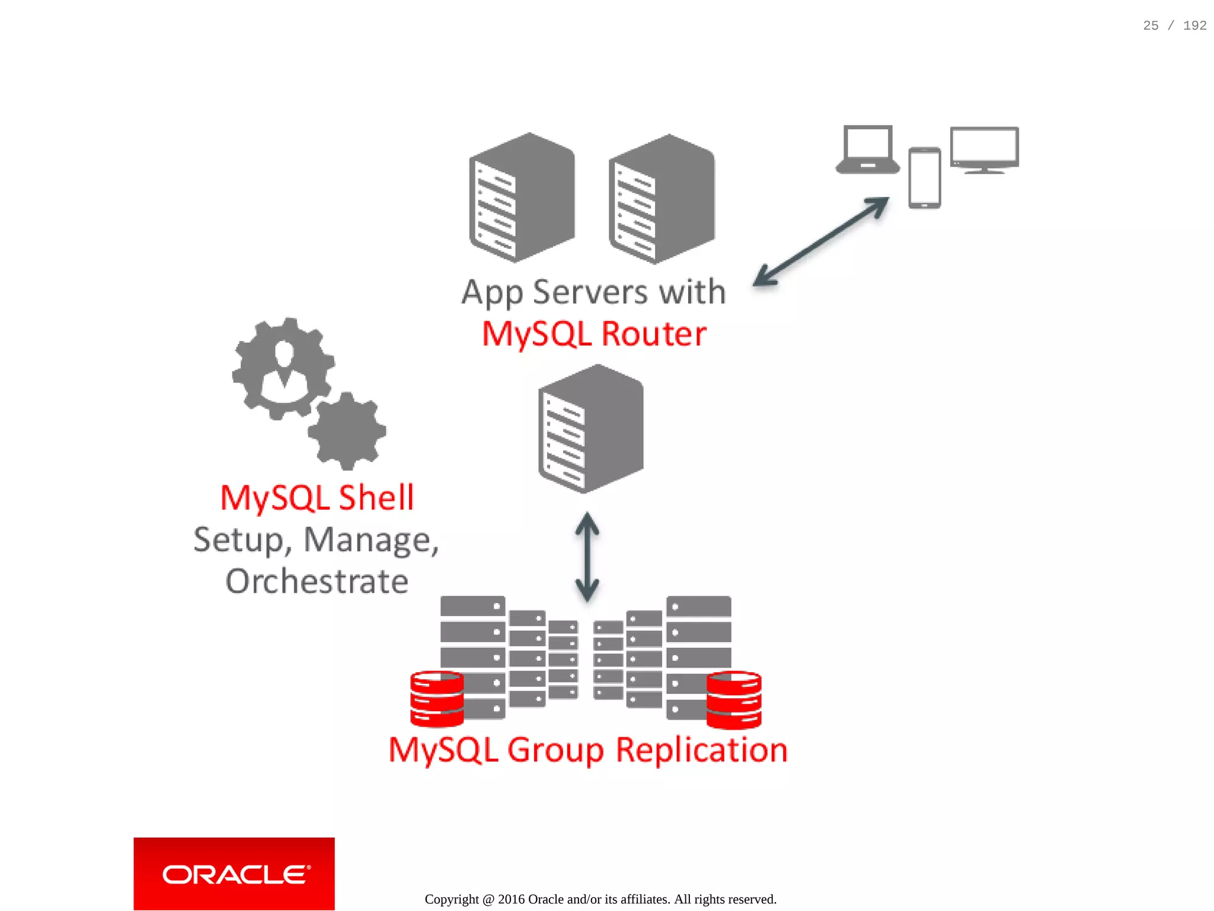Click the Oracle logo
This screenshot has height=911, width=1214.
[234, 874]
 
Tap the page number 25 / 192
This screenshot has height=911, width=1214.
[1174, 25]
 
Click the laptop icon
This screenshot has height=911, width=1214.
[867, 149]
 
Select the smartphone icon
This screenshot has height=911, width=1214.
[924, 178]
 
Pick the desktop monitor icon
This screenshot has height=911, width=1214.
[984, 149]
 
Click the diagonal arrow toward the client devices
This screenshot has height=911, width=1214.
[821, 241]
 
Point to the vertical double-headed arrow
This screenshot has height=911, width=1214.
[587, 557]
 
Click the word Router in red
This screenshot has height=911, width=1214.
[654, 334]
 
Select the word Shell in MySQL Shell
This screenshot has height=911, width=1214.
[376, 498]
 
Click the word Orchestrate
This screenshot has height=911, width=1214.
[317, 581]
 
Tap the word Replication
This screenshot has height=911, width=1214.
[701, 750]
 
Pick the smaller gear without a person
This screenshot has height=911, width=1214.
[347, 431]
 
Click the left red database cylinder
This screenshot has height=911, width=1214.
[437, 699]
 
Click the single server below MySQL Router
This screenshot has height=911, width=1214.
[590, 428]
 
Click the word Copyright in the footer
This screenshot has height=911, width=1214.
[451, 899]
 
